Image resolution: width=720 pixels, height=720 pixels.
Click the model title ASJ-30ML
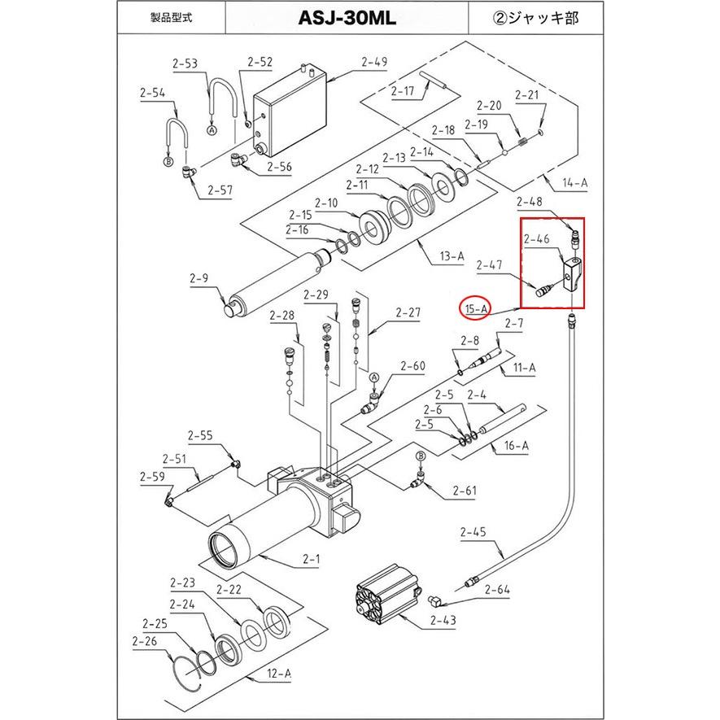(347, 18)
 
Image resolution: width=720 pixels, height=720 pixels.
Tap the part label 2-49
(375, 61)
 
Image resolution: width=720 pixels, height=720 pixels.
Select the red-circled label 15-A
(477, 308)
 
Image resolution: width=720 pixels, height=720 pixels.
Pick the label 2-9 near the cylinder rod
(199, 278)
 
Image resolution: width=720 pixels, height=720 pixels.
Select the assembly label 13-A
(452, 257)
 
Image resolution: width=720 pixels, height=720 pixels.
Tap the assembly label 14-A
(574, 184)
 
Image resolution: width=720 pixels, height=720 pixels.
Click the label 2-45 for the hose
(473, 534)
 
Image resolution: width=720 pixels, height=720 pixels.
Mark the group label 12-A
(278, 673)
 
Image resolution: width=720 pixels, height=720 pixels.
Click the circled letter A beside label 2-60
(374, 378)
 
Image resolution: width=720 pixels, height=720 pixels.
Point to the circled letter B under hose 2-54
(168, 163)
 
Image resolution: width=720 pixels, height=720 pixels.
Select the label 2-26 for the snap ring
(145, 640)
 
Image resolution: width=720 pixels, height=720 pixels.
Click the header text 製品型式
(170, 18)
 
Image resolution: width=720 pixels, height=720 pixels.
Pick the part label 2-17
(403, 91)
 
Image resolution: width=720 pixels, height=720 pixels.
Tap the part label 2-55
(200, 436)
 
